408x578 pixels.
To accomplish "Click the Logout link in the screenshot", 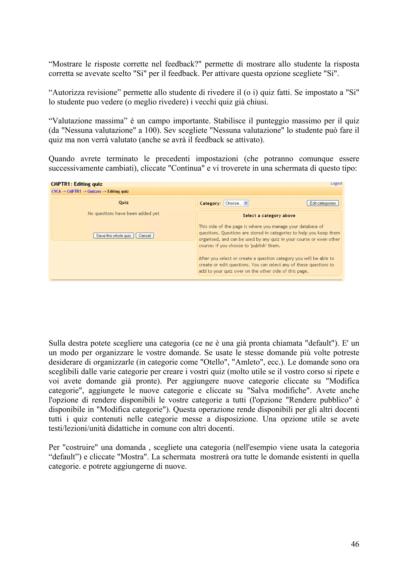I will tap(336, 183).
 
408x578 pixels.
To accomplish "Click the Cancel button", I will tap(145, 236).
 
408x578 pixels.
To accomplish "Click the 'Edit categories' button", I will tap(323, 203).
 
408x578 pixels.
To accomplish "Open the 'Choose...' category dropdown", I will tap(236, 203).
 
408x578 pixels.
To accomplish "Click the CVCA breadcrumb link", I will tap(56, 191).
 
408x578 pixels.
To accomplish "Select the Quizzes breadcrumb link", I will tap(94, 191).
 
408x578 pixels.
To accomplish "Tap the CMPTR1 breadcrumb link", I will tap(74, 191).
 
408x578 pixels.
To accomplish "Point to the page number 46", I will tap(355, 544).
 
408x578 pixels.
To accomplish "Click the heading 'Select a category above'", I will tap(269, 215).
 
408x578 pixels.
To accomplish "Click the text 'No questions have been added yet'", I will tap(124, 213).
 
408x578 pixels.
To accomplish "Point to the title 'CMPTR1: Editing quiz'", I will tap(77, 184).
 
